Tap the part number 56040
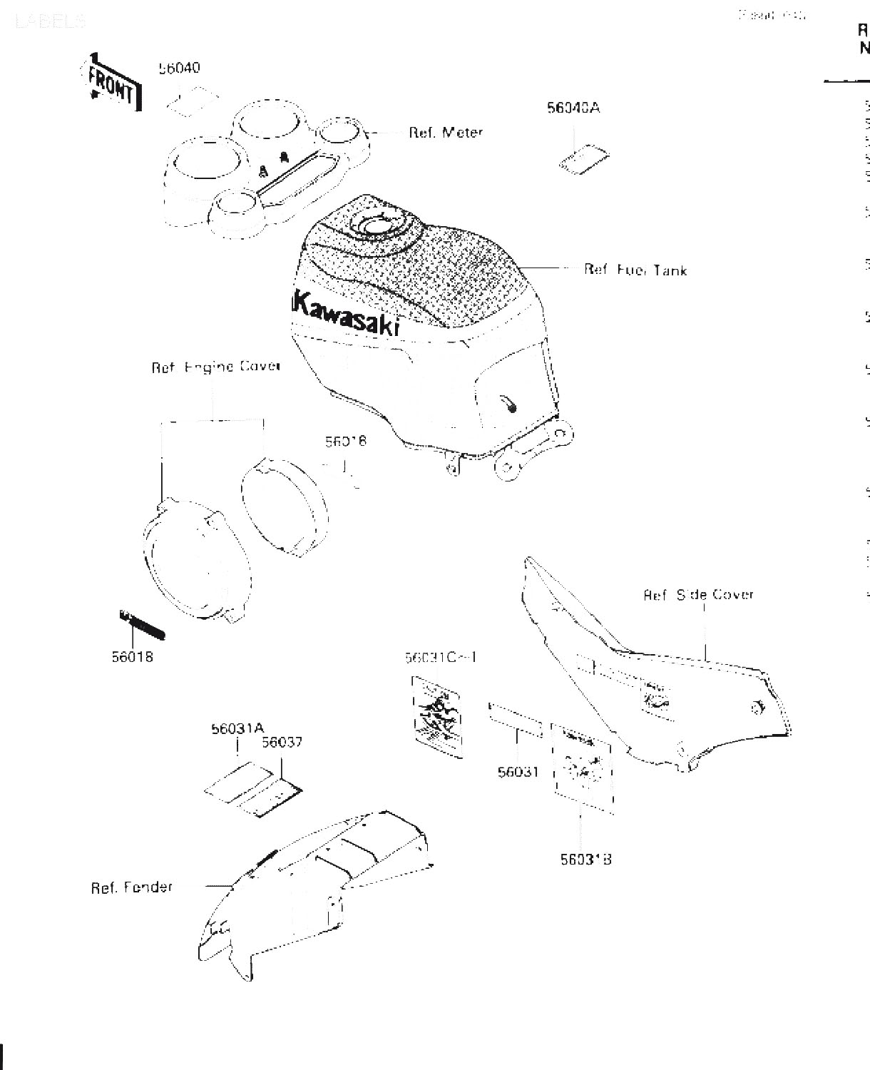(x=179, y=68)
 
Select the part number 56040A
(x=573, y=108)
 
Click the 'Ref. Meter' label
(x=446, y=133)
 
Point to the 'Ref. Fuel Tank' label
(x=635, y=270)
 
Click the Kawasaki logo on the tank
(x=346, y=315)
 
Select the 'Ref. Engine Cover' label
(x=215, y=367)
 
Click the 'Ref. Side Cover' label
(x=698, y=594)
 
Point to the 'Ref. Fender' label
(x=132, y=887)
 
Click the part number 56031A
(x=237, y=728)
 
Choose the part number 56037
(x=282, y=742)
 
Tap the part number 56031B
(x=585, y=860)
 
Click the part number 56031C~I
(x=440, y=657)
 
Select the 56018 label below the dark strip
(x=132, y=656)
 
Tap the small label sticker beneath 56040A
(x=583, y=159)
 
